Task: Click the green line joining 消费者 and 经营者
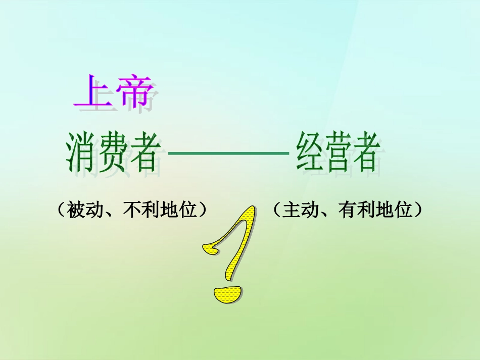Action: pos(227,152)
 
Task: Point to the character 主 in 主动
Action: pos(292,210)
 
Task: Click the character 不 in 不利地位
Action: pos(132,210)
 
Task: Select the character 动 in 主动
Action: pos(310,210)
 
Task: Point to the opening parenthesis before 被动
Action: pos(62,210)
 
